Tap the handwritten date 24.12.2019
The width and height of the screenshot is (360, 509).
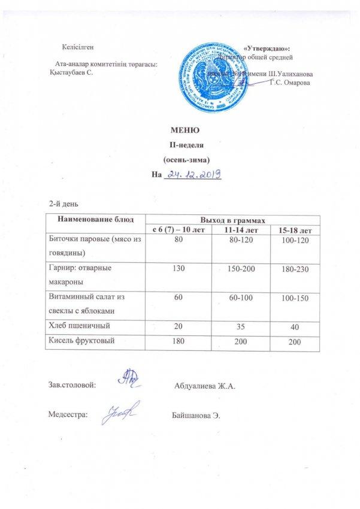pyautogui.click(x=194, y=174)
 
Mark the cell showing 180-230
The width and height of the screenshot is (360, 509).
pyautogui.click(x=291, y=271)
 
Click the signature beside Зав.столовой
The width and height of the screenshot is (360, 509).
pyautogui.click(x=128, y=381)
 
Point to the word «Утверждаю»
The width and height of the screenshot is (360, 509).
pyautogui.click(x=268, y=47)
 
